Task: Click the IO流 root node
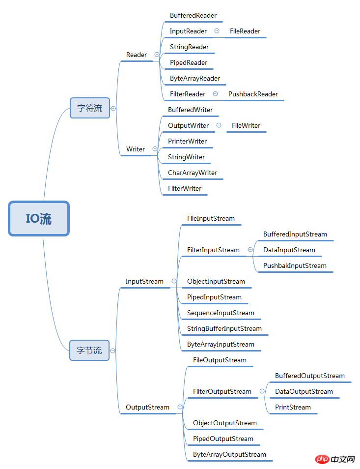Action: tap(39, 218)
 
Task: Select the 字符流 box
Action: tap(90, 108)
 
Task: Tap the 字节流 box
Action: tap(89, 350)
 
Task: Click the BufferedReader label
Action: tap(193, 16)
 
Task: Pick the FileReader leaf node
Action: tap(245, 31)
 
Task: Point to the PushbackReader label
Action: tap(253, 94)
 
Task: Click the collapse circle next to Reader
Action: tap(157, 55)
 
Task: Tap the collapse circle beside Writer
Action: tap(155, 148)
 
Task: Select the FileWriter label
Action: tap(246, 126)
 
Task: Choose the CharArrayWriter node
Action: tap(193, 173)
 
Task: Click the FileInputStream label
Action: tap(211, 219)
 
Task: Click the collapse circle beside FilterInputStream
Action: tap(250, 249)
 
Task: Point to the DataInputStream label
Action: tap(289, 250)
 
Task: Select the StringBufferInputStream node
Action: tap(224, 329)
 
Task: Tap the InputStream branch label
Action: tap(144, 282)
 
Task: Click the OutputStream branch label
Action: tap(147, 408)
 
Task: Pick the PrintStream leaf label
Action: tap(293, 408)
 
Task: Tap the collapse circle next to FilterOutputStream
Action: tap(262, 391)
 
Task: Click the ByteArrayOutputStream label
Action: tap(229, 455)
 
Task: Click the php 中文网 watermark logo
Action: tap(335, 459)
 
